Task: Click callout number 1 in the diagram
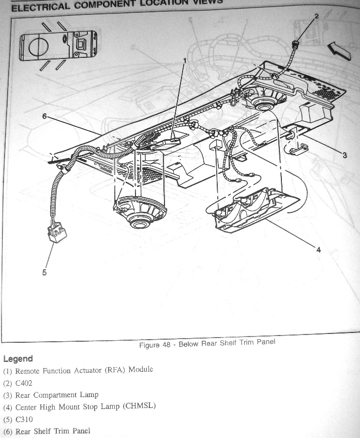click(x=184, y=61)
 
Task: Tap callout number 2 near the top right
click(x=317, y=16)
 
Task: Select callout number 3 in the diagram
click(x=344, y=154)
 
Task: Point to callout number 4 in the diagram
click(x=319, y=250)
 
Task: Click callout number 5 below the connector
click(x=44, y=272)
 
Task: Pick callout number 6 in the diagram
click(x=44, y=116)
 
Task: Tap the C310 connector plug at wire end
click(x=56, y=232)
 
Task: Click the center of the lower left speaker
click(x=138, y=220)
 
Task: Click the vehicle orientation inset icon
click(x=57, y=45)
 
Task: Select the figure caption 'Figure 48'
click(x=207, y=343)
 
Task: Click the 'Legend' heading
click(x=18, y=359)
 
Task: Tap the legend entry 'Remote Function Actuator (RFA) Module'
click(x=78, y=370)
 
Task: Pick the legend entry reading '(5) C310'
click(x=18, y=419)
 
